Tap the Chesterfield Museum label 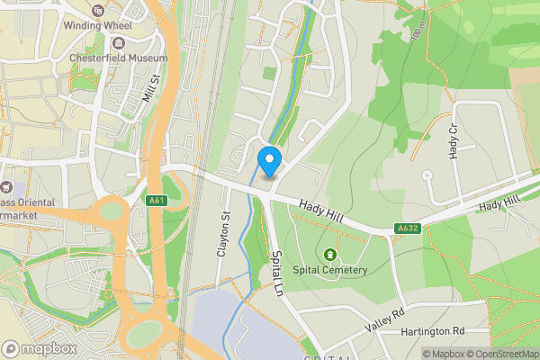119,58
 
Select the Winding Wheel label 97,25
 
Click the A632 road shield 409,229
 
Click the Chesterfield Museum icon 119,42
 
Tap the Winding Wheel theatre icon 97,11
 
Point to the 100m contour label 416,33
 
